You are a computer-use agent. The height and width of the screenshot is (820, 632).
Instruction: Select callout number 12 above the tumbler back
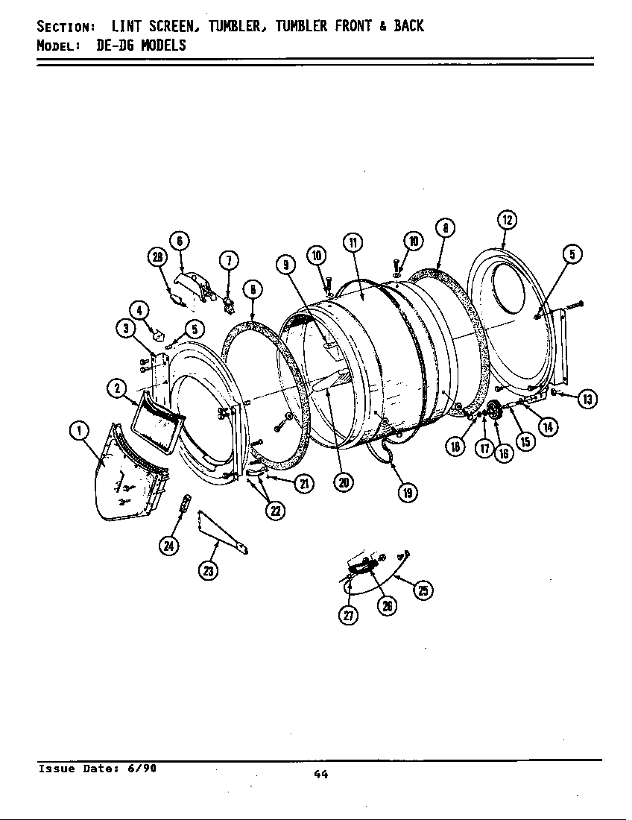[507, 219]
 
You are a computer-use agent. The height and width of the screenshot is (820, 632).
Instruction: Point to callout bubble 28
[157, 257]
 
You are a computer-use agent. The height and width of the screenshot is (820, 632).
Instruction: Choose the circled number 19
[408, 492]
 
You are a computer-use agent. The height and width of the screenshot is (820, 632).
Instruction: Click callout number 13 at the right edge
[587, 399]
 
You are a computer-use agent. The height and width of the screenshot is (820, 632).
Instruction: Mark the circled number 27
[349, 615]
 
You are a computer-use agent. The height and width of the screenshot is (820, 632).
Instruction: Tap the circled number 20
[343, 482]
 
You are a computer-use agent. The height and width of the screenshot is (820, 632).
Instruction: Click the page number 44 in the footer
[320, 775]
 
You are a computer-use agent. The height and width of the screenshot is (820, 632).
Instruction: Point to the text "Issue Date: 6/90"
[97, 768]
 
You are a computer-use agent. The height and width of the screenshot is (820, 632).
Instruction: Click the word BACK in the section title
[408, 26]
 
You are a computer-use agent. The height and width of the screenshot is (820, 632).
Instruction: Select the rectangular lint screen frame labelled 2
[157, 425]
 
